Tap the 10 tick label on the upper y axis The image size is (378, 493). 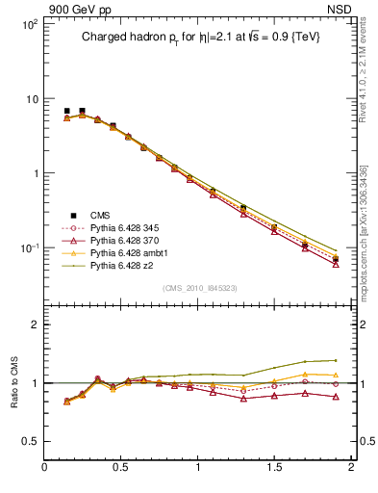[31, 99]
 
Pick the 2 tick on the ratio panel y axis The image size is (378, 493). [35, 324]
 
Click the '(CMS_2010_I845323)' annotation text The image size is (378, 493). [199, 287]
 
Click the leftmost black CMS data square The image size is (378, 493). [66, 111]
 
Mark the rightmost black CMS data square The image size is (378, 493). [336, 259]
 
